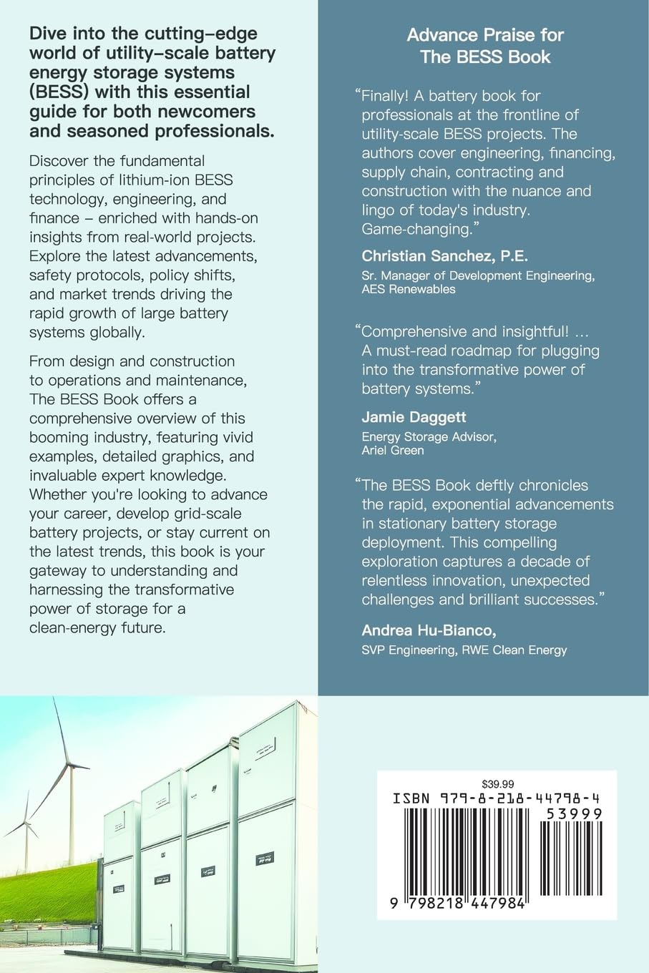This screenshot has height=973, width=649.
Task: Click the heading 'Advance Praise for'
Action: click(485, 34)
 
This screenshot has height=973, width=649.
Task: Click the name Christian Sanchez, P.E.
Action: click(444, 255)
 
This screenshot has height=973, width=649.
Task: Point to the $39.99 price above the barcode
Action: click(498, 783)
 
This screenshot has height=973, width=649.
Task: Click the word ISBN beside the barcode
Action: click(411, 798)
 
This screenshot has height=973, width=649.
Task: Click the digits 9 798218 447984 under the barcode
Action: click(458, 904)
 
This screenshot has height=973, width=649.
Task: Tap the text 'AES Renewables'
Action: click(408, 289)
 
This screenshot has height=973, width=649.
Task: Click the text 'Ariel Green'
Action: click(393, 450)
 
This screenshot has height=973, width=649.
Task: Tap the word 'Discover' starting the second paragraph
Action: click(59, 160)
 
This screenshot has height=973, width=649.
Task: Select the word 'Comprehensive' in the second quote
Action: click(419, 331)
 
